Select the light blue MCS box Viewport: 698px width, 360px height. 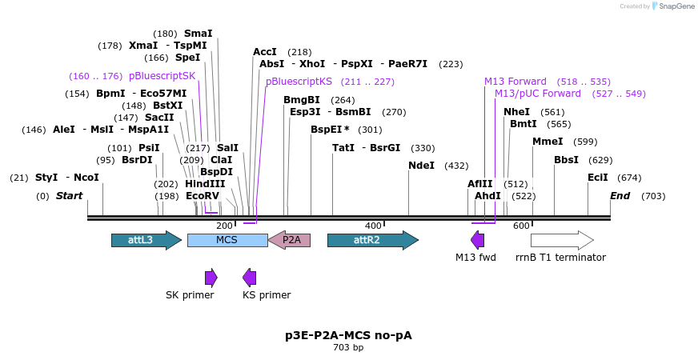[227, 240]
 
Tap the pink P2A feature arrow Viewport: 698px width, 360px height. [289, 240]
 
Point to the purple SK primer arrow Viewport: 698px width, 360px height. [211, 278]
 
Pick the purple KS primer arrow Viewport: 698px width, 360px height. [250, 278]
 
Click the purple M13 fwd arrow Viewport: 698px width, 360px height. [478, 240]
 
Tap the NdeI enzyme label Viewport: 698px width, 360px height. [421, 166]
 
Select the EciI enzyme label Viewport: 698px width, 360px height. [598, 178]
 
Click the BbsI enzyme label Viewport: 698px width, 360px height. [566, 160]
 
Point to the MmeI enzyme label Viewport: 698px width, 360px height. [548, 142]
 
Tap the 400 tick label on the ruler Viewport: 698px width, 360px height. [373, 226]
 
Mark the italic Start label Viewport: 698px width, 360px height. [69, 196]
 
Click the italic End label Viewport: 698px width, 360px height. [620, 196]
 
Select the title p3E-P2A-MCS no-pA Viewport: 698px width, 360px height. [348, 335]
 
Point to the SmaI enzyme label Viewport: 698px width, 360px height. [199, 34]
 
